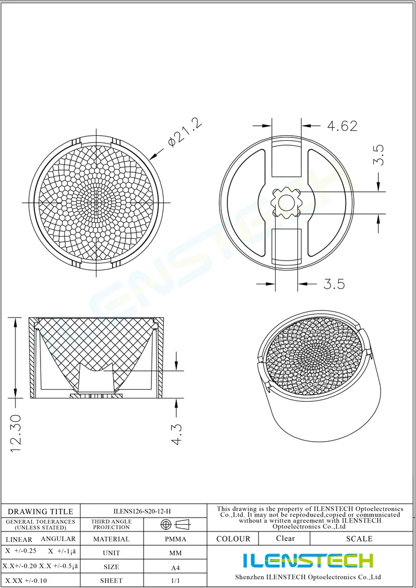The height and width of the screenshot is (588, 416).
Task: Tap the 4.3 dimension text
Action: point(177,434)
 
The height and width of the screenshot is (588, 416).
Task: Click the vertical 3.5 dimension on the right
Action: point(379,155)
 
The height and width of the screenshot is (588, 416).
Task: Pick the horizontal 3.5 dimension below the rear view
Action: point(334,284)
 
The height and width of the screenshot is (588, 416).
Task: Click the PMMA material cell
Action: point(175,539)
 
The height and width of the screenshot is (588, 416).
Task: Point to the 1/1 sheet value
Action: point(175,581)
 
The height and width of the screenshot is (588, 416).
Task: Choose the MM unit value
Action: point(175,553)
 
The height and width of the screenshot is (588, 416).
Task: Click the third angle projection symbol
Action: point(175,524)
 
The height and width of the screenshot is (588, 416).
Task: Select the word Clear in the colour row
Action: point(285,538)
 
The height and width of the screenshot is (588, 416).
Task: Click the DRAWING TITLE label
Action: point(40,512)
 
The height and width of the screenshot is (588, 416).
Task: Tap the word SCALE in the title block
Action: point(359,539)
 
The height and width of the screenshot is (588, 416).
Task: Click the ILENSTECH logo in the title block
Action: point(308,560)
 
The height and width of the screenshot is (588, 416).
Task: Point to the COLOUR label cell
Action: point(234,539)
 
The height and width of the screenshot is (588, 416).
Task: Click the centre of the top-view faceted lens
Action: point(95,203)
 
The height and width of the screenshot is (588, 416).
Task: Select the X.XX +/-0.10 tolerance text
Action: point(26,580)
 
